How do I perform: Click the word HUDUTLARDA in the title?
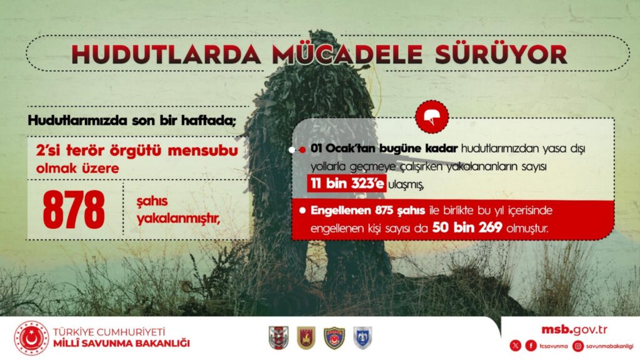click(166, 54)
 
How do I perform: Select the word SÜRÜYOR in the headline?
click(501, 54)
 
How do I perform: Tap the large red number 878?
click(74, 210)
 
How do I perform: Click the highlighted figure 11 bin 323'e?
click(347, 184)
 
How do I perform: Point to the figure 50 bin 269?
click(467, 227)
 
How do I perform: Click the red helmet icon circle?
click(432, 116)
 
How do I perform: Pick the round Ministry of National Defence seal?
click(31, 338)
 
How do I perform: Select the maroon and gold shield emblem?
click(306, 337)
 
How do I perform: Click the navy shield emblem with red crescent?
click(334, 337)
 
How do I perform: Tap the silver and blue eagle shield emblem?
click(362, 337)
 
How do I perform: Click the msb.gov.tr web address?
click(574, 329)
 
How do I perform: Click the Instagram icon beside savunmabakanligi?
click(578, 346)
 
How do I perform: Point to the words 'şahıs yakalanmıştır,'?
click(178, 211)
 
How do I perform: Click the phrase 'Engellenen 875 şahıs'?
click(367, 211)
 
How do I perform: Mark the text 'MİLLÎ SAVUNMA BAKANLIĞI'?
click(122, 343)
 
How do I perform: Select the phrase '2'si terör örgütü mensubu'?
click(137, 151)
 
